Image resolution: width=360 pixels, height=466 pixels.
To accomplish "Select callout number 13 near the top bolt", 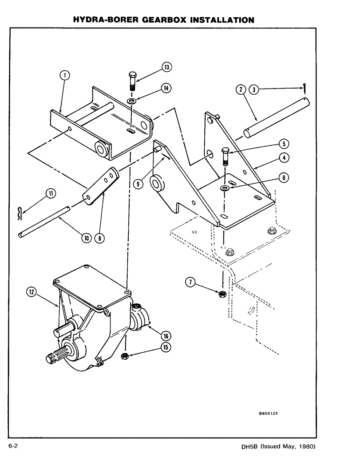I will coord(166,67).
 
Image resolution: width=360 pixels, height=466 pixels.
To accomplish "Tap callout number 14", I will coord(166,88).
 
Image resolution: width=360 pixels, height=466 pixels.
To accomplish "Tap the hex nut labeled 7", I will coord(223,294).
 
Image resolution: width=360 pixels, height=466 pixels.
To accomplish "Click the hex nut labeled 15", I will coord(125,356).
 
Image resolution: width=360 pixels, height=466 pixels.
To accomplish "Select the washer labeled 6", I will coord(226,188).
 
